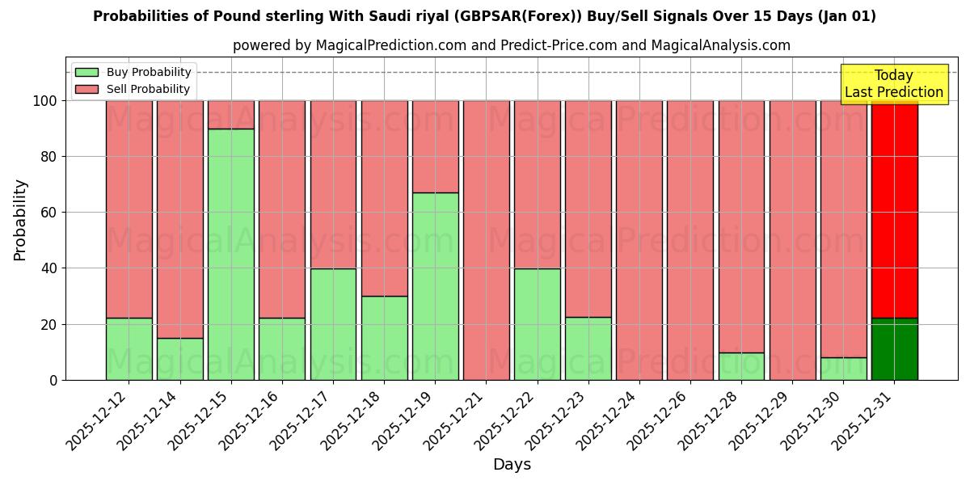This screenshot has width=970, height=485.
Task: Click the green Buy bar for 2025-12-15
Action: pyautogui.click(x=231, y=254)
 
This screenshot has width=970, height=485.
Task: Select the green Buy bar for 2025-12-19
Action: pyautogui.click(x=435, y=286)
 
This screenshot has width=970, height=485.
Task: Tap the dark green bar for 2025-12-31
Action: pyautogui.click(x=894, y=349)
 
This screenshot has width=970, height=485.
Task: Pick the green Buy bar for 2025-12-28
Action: pyautogui.click(x=741, y=366)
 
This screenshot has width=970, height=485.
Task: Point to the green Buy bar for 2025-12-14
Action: pyautogui.click(x=180, y=359)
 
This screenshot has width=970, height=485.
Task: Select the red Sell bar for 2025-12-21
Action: pyautogui.click(x=486, y=240)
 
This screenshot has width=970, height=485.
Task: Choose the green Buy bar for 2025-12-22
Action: pyautogui.click(x=537, y=324)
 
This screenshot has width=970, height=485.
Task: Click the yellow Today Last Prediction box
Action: pyautogui.click(x=893, y=84)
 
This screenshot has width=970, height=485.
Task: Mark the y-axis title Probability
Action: pyautogui.click(x=20, y=220)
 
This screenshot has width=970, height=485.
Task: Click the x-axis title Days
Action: pyautogui.click(x=512, y=465)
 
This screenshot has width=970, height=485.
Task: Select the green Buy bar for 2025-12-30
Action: pyautogui.click(x=843, y=369)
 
